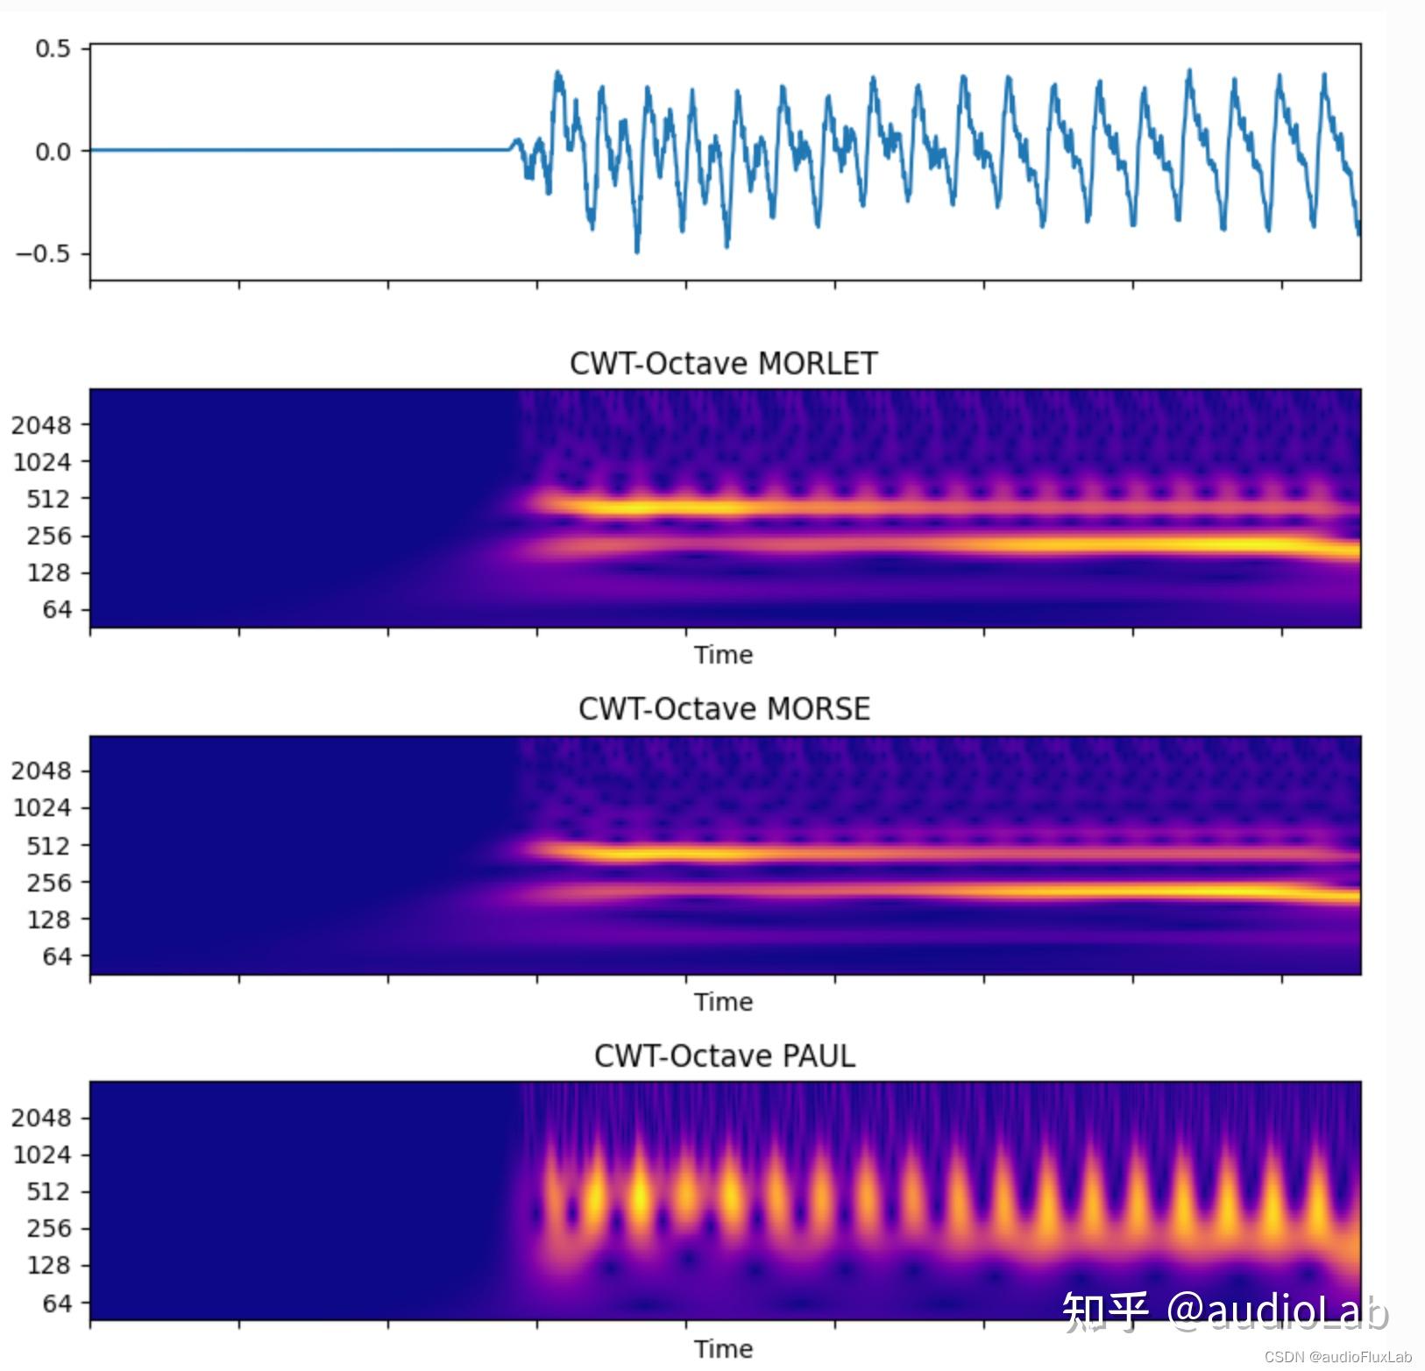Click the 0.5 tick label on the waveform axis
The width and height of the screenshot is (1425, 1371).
[x=53, y=49]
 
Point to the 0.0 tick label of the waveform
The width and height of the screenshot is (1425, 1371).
[x=53, y=152]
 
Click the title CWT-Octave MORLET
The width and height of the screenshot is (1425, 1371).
[x=723, y=364]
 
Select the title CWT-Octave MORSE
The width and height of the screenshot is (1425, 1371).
[x=724, y=709]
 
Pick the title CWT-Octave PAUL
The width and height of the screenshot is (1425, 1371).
[x=724, y=1056]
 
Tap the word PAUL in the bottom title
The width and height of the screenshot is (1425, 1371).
[x=818, y=1056]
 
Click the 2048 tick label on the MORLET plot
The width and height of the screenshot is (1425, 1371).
[x=40, y=425]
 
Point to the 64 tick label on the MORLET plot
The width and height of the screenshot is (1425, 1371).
[x=56, y=609]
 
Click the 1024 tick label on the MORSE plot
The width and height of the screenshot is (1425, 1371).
[x=40, y=807]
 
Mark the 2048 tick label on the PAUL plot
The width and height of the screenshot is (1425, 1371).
[x=40, y=1118]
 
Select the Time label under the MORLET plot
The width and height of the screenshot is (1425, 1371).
[x=723, y=655]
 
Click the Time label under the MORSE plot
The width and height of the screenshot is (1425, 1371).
[x=723, y=1002]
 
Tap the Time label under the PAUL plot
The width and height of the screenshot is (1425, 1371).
[x=723, y=1349]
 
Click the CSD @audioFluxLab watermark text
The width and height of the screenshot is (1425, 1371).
[x=1338, y=1357]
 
